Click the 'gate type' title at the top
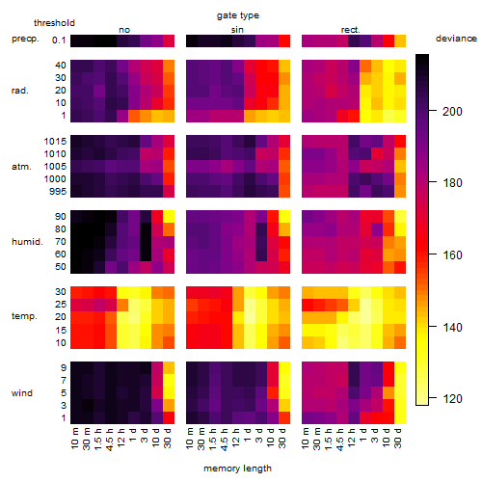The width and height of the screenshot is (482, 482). pyautogui.click(x=238, y=15)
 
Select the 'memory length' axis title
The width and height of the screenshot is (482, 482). pyautogui.click(x=237, y=469)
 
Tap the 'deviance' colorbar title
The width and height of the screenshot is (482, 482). pyautogui.click(x=456, y=39)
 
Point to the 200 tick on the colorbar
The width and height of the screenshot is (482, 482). pyautogui.click(x=433, y=111)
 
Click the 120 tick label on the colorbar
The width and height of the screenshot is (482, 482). pyautogui.click(x=452, y=399)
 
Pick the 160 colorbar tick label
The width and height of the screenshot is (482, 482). pyautogui.click(x=452, y=255)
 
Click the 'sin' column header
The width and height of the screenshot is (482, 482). pyautogui.click(x=237, y=30)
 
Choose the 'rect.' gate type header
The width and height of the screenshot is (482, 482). pyautogui.click(x=350, y=30)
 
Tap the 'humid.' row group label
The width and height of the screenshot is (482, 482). pyautogui.click(x=27, y=242)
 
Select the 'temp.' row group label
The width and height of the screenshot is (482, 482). pyautogui.click(x=24, y=316)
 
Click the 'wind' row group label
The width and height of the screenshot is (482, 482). pyautogui.click(x=22, y=393)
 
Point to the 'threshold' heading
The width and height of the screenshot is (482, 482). pyautogui.click(x=54, y=23)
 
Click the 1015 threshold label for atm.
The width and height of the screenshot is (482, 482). pyautogui.click(x=55, y=142)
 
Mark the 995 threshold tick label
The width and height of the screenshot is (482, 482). pyautogui.click(x=58, y=192)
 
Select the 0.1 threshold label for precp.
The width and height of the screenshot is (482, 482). pyautogui.click(x=59, y=40)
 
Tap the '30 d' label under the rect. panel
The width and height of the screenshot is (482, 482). pyautogui.click(x=398, y=438)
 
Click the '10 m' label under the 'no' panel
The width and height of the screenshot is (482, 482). pyautogui.click(x=74, y=438)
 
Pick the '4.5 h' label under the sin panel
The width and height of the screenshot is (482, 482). pyautogui.click(x=225, y=439)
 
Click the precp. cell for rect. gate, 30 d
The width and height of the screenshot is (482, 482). pyautogui.click(x=400, y=40)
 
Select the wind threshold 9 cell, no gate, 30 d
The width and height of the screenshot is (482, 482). pyautogui.click(x=169, y=367)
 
